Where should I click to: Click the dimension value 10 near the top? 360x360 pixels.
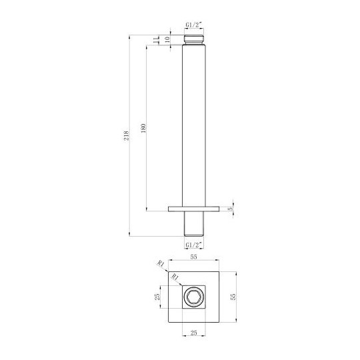(168, 39)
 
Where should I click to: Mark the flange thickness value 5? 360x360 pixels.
(230, 209)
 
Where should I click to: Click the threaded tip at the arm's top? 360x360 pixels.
(193, 39)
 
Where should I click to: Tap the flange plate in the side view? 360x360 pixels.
(193, 209)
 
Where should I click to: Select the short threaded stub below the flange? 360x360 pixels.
(193, 224)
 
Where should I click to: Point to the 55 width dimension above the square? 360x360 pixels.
(194, 256)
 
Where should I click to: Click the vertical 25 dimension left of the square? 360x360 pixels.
(158, 296)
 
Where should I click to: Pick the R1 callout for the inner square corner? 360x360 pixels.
(175, 277)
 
